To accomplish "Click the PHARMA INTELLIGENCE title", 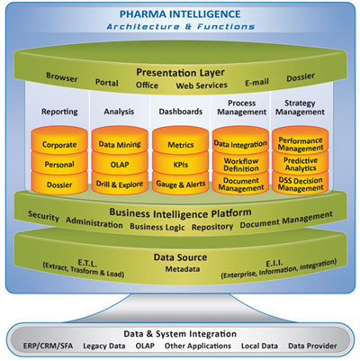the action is pos(180,14).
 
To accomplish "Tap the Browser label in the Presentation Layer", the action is pos(62,77).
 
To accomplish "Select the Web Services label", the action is pos(202,86).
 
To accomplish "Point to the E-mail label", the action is pos(256,82).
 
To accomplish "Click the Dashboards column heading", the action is pos(181,112).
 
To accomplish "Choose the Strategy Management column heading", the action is pos(300,107).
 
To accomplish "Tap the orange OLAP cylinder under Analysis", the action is pos(120,164).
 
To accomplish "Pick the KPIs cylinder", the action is pos(180,164).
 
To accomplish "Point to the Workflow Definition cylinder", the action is pos(240,164).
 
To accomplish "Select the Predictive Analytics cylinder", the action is pos(301,164).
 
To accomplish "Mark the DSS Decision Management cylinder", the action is pos(301,183).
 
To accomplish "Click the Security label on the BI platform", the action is pos(43,216).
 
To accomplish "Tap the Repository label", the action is pos(212,227).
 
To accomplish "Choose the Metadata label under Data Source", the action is pos(183,269).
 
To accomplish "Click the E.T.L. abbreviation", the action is pos(87,263).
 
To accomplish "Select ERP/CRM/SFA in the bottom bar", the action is pos(48,346).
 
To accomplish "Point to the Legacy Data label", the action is pos(104,347).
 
